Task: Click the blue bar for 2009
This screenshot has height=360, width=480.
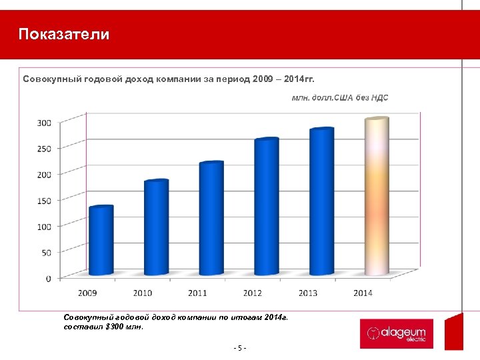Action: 101,240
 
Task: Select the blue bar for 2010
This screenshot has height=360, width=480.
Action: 157,227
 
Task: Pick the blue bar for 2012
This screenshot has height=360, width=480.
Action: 267,206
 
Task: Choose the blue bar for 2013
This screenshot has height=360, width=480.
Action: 322,201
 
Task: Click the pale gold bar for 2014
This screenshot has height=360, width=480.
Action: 377,196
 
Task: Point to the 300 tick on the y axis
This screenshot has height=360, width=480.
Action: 44,123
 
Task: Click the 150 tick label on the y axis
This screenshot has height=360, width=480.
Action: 44,201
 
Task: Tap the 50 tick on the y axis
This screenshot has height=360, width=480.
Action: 46,253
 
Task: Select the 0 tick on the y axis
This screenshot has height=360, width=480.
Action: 48,279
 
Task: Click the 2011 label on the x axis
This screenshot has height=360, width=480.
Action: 197,293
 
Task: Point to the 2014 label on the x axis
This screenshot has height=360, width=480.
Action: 363,293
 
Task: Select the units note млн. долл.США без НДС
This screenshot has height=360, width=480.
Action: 340,98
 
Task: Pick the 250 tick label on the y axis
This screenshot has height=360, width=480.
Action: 44,149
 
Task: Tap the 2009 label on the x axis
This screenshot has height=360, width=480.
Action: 87,293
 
